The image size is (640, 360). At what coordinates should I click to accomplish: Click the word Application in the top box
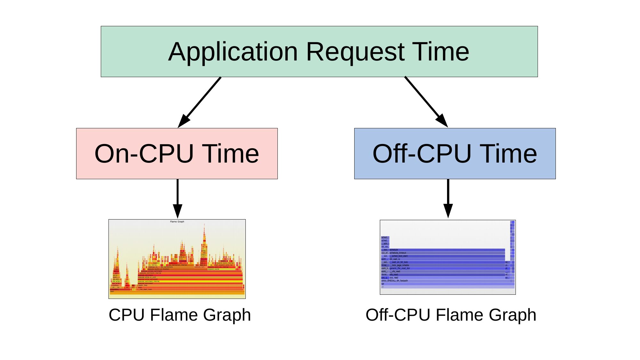(x=233, y=52)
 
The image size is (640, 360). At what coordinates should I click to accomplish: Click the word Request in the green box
(x=355, y=52)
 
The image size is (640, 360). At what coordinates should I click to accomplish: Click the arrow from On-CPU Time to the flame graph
(x=178, y=198)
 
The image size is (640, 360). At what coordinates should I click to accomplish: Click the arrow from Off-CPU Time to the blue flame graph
(x=448, y=198)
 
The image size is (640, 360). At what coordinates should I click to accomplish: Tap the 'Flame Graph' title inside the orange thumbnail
(x=177, y=221)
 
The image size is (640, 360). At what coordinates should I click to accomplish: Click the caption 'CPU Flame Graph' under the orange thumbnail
(x=180, y=315)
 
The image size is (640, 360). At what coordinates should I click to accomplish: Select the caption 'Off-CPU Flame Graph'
(x=451, y=315)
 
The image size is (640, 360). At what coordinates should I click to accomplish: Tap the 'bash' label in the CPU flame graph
(x=112, y=292)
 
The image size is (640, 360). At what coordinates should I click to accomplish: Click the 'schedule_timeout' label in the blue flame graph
(x=398, y=253)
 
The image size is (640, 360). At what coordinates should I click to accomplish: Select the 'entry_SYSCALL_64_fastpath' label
(x=395, y=281)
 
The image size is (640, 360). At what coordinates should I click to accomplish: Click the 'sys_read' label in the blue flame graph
(x=394, y=277)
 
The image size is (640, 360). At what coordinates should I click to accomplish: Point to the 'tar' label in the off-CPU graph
(x=383, y=284)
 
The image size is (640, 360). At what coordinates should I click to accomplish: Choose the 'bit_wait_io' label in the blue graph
(x=395, y=259)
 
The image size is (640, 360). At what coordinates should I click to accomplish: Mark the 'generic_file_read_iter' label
(x=400, y=268)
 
